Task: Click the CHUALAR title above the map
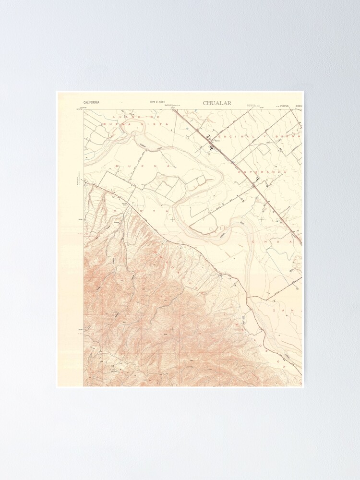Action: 217,103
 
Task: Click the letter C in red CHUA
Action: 254,242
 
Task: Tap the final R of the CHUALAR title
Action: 229,103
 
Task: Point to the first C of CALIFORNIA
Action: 85,103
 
